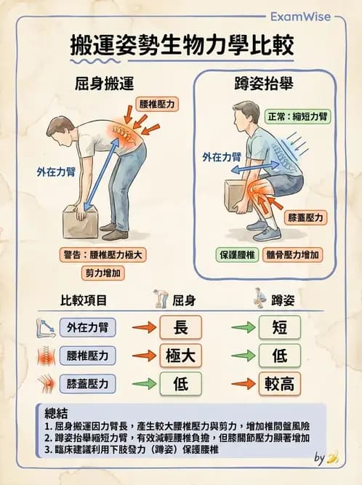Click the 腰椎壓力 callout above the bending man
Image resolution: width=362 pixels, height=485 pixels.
click(x=157, y=105)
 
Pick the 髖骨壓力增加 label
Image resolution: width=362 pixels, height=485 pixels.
click(x=294, y=255)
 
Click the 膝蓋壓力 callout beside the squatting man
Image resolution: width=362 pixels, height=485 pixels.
click(x=306, y=217)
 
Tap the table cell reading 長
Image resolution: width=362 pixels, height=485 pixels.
click(x=181, y=327)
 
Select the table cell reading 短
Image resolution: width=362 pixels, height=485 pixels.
click(x=278, y=327)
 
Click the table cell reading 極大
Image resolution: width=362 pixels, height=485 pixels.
click(x=181, y=356)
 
